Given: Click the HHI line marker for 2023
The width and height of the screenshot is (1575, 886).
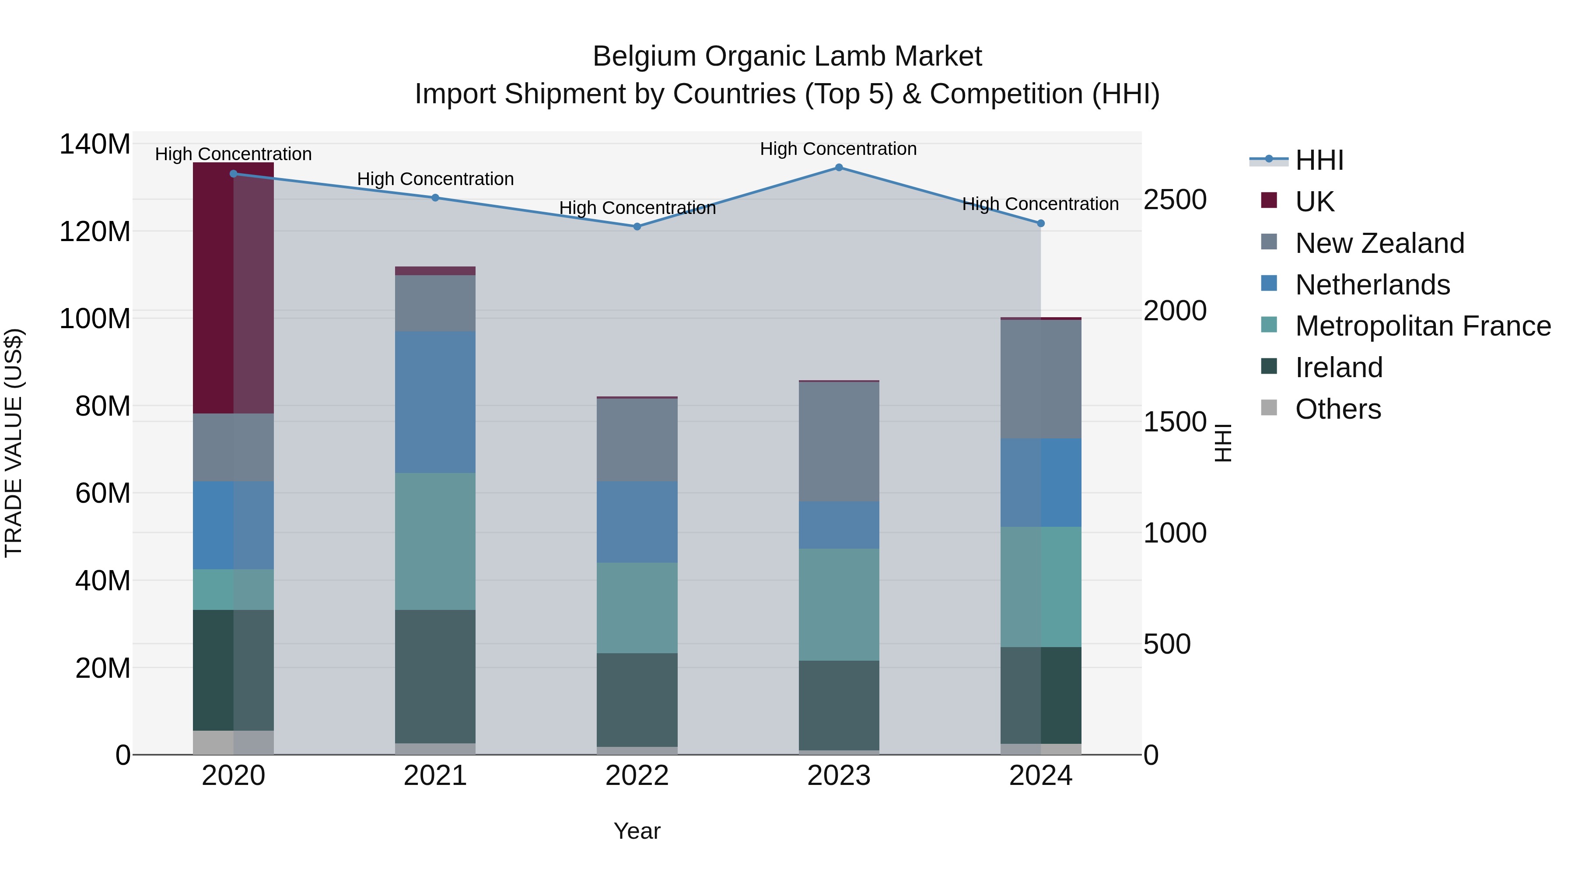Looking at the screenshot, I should pos(839,168).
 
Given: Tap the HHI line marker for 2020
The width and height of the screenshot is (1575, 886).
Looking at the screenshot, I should pos(233,174).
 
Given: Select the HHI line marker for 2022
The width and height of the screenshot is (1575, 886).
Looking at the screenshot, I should pos(637,226).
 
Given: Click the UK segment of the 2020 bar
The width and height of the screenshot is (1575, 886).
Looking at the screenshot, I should pos(233,287).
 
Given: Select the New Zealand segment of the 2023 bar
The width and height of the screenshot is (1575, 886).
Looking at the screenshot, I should pos(839,441).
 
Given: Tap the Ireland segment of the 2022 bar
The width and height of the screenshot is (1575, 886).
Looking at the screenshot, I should pos(637,700).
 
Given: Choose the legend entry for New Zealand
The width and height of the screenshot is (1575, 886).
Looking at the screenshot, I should pos(1379,243).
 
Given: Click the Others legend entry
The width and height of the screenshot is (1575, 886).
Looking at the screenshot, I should pos(1338,409).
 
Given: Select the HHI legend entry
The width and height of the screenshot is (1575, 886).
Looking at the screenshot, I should pos(1319,160).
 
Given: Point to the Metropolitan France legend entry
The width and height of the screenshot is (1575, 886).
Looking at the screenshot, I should pos(1422,326).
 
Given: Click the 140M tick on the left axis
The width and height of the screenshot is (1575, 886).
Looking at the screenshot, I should pos(95,145).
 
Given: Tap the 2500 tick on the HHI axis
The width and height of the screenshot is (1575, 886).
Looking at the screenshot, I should pos(1175,200).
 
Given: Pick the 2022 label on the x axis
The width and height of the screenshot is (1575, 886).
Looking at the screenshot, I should pos(637,776).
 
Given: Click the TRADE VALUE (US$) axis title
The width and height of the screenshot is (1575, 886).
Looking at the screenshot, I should pos(14,443).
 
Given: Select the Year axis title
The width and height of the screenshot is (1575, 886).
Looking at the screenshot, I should pos(637,831).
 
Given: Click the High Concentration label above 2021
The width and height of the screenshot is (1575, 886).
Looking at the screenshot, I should pos(435,179).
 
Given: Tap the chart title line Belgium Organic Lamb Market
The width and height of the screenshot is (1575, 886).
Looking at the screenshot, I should pos(787,56).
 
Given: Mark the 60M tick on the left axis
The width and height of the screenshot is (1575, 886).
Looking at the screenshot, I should pos(103,493).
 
